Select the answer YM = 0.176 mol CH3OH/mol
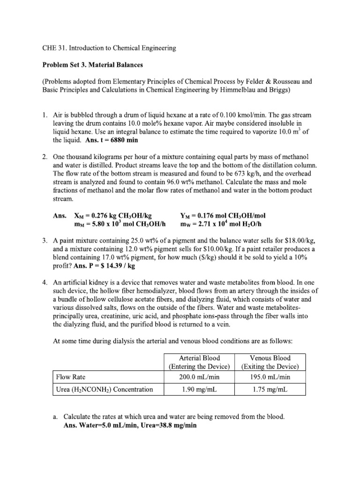[x=223, y=216]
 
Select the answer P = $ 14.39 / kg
[x=103, y=265]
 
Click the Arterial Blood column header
[x=195, y=362]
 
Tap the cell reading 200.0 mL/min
[x=195, y=376]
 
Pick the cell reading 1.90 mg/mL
[x=195, y=390]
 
